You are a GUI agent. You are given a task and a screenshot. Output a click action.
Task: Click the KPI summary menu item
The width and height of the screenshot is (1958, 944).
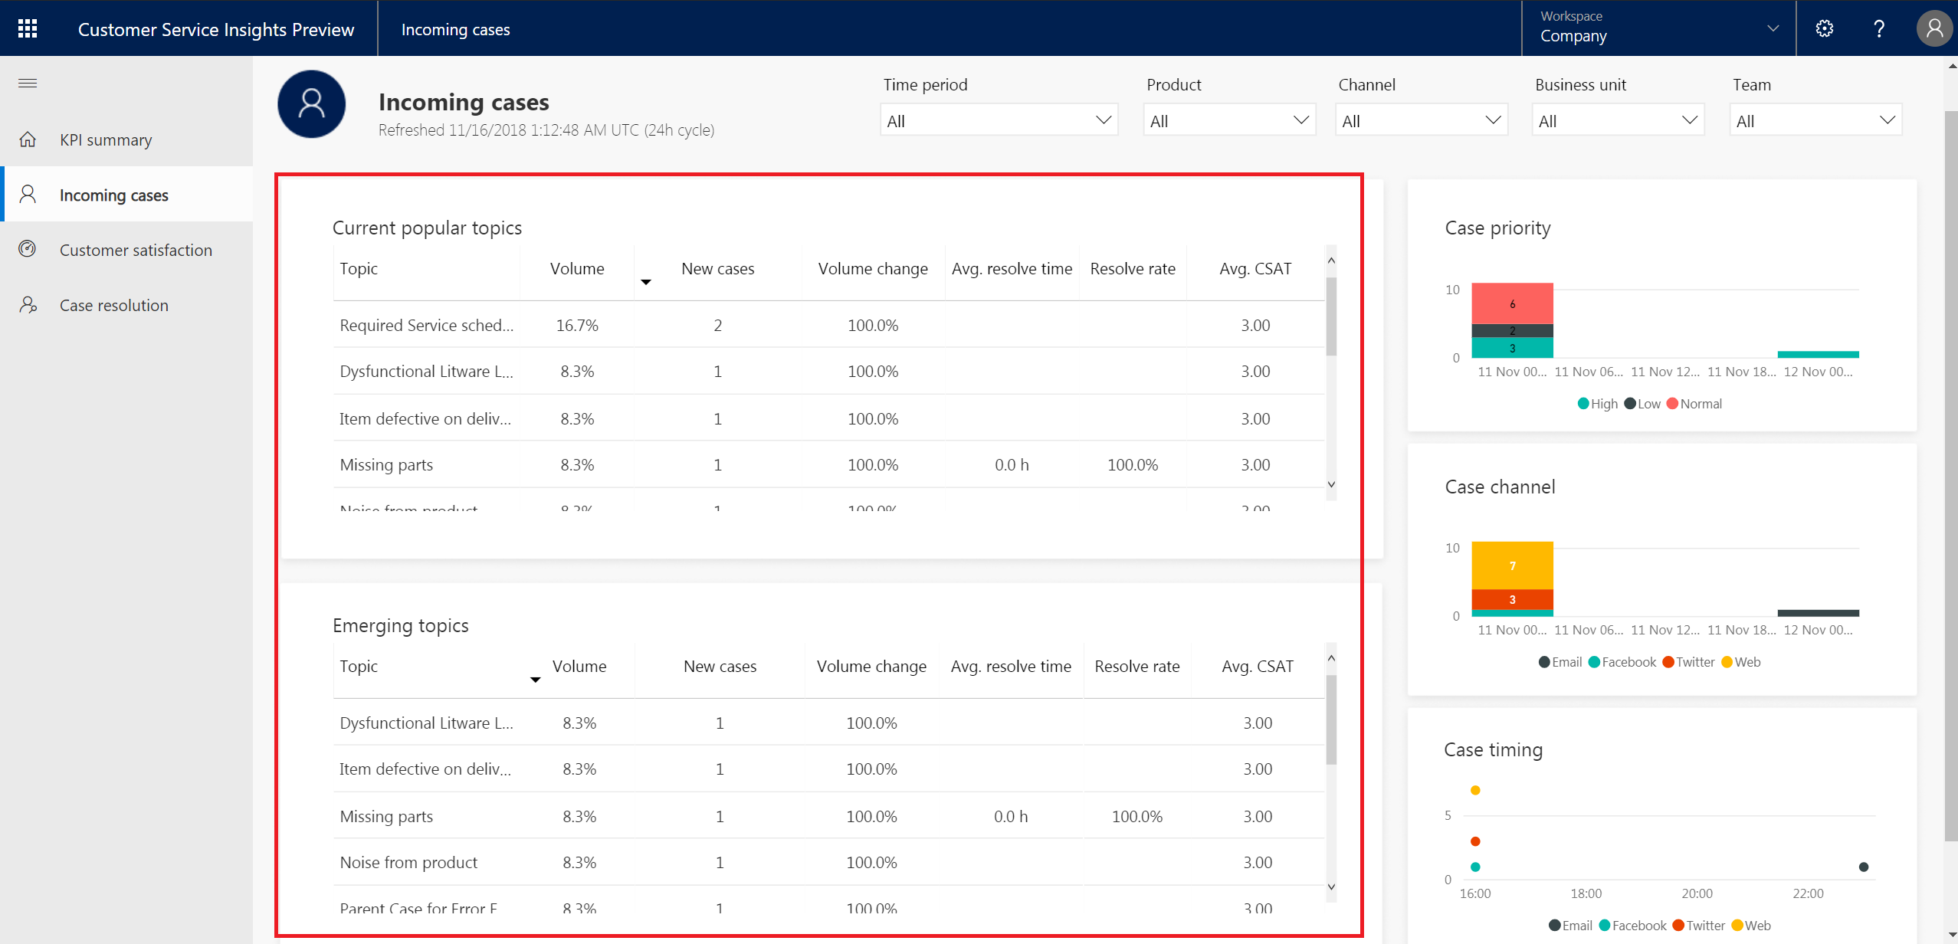click(x=106, y=140)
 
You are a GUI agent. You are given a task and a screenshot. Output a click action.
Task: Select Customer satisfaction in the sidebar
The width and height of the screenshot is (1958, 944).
click(x=136, y=251)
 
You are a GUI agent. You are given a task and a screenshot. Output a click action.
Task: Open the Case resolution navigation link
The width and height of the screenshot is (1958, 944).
click(x=113, y=306)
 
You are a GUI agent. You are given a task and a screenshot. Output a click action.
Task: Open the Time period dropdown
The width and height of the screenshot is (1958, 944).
click(x=999, y=120)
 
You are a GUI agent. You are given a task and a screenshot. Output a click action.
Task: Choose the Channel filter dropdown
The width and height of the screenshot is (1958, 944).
click(x=1422, y=120)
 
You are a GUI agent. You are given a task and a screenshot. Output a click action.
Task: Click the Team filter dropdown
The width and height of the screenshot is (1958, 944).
click(x=1815, y=120)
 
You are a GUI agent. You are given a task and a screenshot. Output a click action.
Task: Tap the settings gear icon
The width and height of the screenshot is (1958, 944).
click(x=1825, y=29)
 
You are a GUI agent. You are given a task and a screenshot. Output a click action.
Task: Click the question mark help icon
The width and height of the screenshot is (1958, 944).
click(x=1879, y=29)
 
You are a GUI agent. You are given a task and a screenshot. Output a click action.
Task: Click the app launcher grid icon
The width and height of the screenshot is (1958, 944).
click(x=28, y=29)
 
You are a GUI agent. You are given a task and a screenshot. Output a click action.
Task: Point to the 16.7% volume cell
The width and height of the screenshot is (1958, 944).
click(x=577, y=326)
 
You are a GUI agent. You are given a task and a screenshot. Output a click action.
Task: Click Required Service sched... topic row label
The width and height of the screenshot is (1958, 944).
click(x=426, y=326)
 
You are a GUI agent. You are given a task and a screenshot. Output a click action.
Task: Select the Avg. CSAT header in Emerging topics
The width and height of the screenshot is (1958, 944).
click(x=1257, y=667)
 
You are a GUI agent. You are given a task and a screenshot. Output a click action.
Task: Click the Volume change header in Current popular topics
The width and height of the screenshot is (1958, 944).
click(x=872, y=269)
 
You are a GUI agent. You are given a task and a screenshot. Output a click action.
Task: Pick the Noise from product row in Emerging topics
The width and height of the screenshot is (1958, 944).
click(x=408, y=863)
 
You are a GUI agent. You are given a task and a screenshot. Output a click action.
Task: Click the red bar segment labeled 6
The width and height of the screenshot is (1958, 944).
click(x=1512, y=303)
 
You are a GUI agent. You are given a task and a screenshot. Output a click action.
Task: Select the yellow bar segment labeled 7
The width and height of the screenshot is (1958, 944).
click(x=1512, y=565)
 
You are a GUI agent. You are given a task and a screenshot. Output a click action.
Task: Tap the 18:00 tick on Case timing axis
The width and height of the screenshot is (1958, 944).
click(x=1586, y=893)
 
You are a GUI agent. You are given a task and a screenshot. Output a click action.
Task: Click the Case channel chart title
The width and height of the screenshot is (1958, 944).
click(x=1500, y=487)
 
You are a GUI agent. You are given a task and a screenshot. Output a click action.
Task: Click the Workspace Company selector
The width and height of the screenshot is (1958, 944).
click(x=1658, y=28)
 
